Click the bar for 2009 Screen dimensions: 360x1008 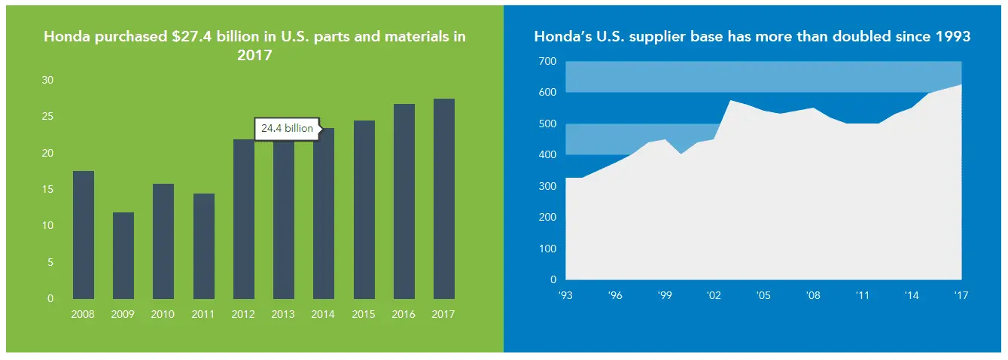123,255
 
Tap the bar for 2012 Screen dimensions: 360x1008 244,218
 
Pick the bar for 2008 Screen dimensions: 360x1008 84,234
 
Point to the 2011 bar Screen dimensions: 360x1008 203,246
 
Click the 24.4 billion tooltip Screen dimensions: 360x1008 287,129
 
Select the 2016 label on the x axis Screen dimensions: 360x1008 404,314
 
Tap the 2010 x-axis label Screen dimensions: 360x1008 163,314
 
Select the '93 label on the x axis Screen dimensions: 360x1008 565,296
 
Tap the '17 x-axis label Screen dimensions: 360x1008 961,296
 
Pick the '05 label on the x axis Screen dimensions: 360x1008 763,296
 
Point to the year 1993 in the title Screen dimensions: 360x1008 952,36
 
